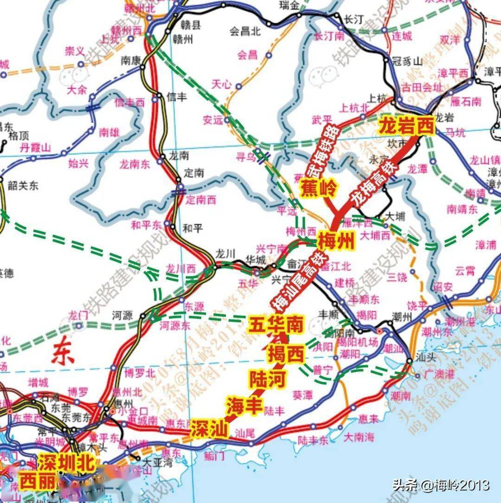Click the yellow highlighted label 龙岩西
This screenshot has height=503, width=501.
pyautogui.click(x=407, y=125)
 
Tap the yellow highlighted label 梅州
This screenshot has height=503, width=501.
pyautogui.click(x=336, y=242)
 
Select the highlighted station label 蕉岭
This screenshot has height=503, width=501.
pyautogui.click(x=320, y=189)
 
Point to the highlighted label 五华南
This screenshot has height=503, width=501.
pyautogui.click(x=276, y=325)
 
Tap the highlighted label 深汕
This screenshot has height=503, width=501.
pyautogui.click(x=210, y=430)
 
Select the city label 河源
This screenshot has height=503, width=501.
pyautogui.click(x=122, y=316)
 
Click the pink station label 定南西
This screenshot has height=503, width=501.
pyautogui.click(x=201, y=200)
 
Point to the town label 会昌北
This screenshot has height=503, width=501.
pyautogui.click(x=245, y=32)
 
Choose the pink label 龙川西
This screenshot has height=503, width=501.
pyautogui.click(x=181, y=268)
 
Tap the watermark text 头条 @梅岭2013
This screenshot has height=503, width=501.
pyautogui.click(x=441, y=485)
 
